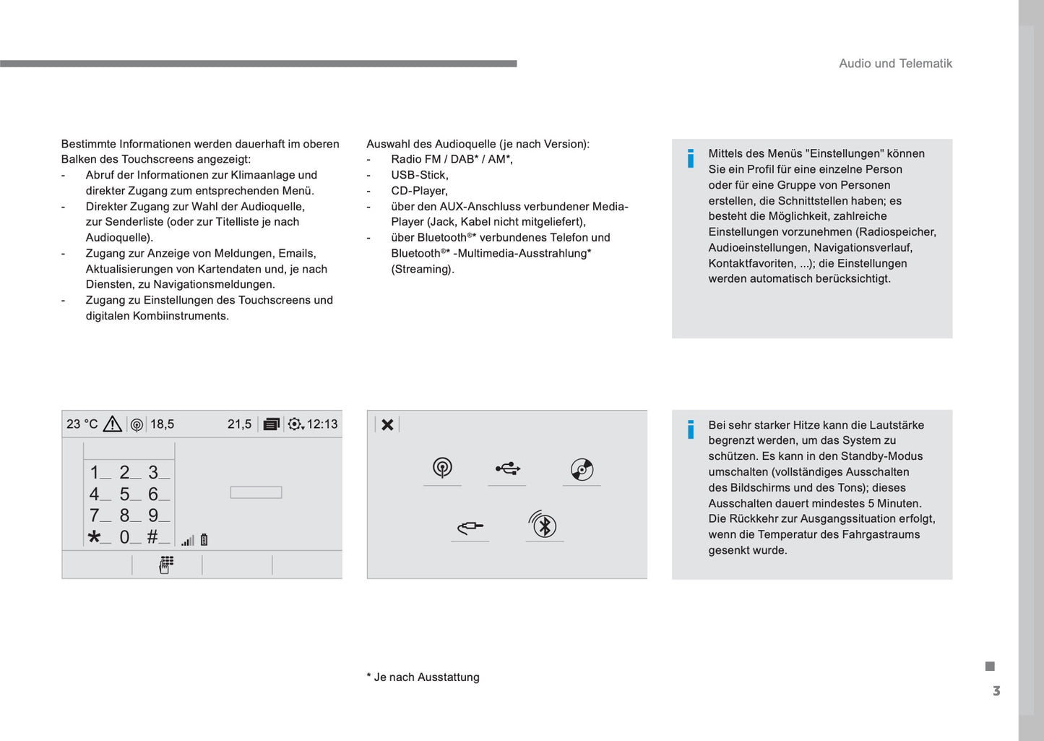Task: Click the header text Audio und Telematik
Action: [x=895, y=64]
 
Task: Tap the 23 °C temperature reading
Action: [x=82, y=424]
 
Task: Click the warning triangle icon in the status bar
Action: [x=113, y=424]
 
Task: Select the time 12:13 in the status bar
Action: [x=322, y=424]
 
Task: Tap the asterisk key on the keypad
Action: [x=95, y=537]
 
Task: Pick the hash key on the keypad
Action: [x=152, y=537]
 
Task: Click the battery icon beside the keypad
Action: [x=204, y=539]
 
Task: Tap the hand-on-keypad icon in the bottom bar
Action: [x=166, y=565]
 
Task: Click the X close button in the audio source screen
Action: [x=387, y=424]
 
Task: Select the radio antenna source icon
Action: [x=442, y=468]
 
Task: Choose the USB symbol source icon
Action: [x=508, y=469]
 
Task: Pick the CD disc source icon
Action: [x=582, y=470]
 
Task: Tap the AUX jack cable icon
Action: [x=470, y=528]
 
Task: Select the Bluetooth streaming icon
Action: [x=543, y=525]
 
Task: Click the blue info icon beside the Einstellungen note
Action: [x=691, y=158]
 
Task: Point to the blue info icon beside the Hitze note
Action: [x=691, y=429]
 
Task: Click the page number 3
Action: [x=996, y=691]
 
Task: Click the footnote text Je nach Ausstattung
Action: [x=426, y=677]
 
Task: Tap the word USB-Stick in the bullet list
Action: [x=420, y=175]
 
